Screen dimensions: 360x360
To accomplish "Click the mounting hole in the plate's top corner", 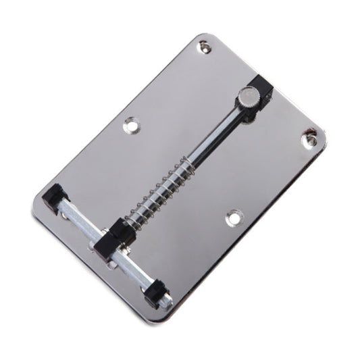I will [x=204, y=47].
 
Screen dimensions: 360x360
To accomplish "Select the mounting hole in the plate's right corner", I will [x=311, y=138].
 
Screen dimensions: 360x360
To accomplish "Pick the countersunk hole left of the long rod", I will [x=131, y=125].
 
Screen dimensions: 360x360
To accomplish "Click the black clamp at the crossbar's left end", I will [x=52, y=198].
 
